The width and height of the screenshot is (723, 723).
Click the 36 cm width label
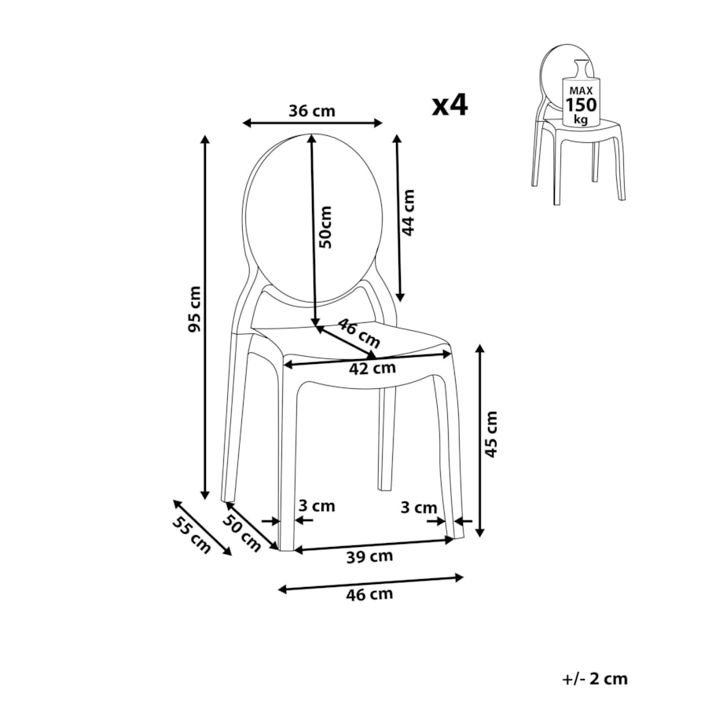[312, 111]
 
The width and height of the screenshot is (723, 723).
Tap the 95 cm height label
[195, 309]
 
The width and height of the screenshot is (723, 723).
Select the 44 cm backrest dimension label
[408, 212]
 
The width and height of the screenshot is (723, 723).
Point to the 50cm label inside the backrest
[325, 227]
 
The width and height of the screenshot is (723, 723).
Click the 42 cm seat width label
[372, 368]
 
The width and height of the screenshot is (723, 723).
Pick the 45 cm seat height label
[491, 435]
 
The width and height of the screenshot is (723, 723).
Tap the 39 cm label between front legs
[369, 556]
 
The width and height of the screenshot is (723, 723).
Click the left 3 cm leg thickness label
[316, 506]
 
